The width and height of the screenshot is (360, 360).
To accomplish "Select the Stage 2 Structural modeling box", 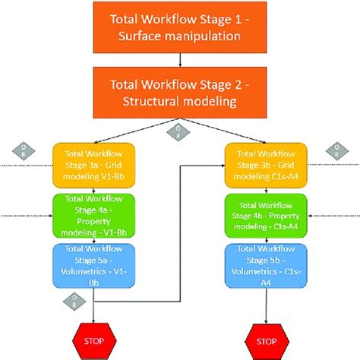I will click(181, 92).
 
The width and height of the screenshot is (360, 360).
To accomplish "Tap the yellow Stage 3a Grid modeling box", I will click(93, 166).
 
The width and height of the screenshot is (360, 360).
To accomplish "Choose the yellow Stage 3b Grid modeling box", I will click(267, 166).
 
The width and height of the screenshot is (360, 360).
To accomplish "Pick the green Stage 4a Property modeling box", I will click(93, 215).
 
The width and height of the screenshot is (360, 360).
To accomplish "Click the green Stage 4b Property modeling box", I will click(267, 215).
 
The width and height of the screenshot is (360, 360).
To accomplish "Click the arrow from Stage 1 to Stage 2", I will click(181, 59).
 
